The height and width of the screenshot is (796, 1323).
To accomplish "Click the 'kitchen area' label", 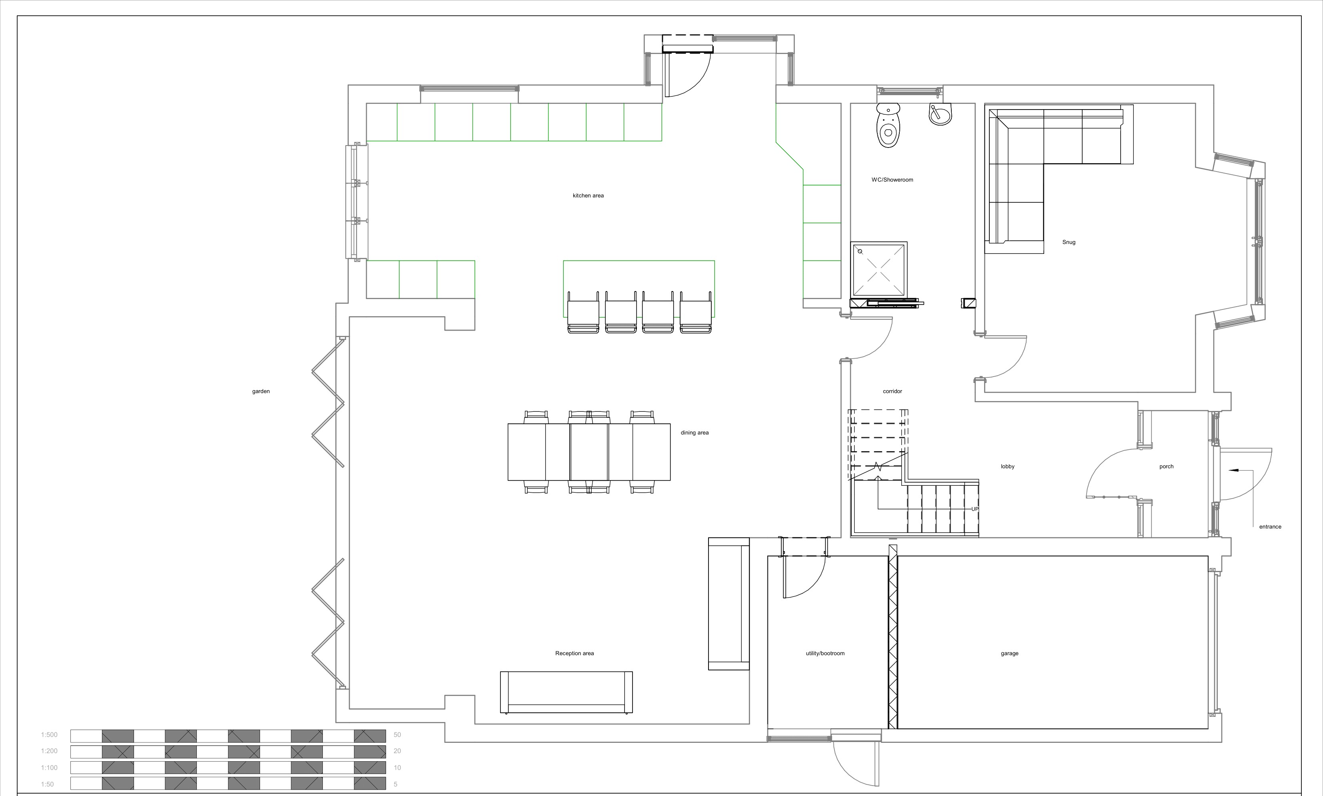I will [x=588, y=196].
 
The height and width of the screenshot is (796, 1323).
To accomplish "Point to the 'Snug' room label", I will [x=1069, y=242].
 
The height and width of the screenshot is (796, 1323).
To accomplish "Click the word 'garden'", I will [x=261, y=391].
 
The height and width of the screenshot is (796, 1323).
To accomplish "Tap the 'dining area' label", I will [x=695, y=433].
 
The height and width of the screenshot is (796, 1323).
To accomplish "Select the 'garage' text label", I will [x=1010, y=653].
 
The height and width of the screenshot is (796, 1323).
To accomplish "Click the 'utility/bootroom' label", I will [x=825, y=653].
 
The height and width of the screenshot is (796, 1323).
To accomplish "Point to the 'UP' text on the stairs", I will [x=975, y=509].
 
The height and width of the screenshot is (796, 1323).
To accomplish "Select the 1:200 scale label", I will [x=49, y=751].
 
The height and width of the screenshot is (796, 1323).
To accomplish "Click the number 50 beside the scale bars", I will [x=397, y=735].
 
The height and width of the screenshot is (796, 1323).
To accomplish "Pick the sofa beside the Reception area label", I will [x=566, y=692].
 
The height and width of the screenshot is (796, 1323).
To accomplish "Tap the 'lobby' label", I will [x=1007, y=467].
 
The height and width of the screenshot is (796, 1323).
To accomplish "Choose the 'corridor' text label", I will [x=892, y=391].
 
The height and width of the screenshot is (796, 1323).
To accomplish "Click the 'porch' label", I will [x=1166, y=467].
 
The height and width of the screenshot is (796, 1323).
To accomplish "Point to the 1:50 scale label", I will [x=47, y=784].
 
